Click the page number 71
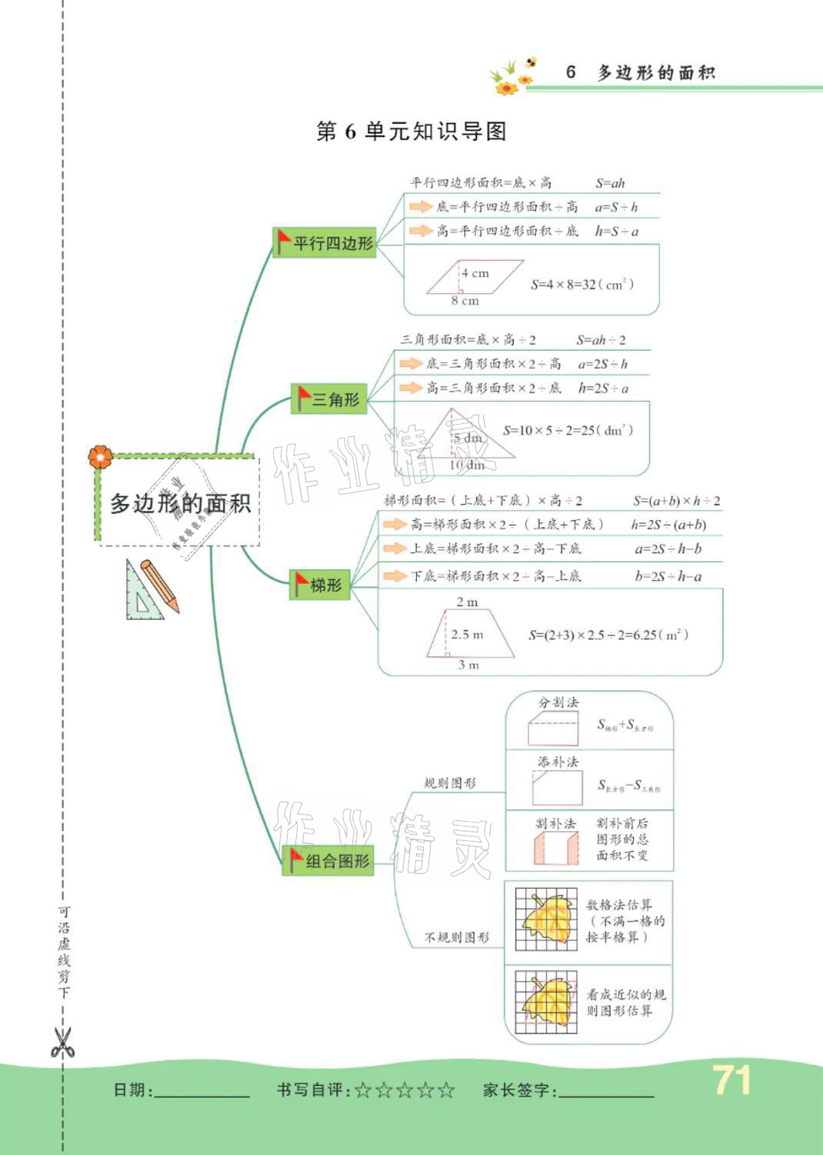pyautogui.click(x=731, y=1080)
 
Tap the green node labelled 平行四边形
pyautogui.click(x=325, y=242)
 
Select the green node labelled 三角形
pyautogui.click(x=328, y=399)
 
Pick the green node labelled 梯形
pyautogui.click(x=320, y=585)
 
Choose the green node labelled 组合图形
pyautogui.click(x=328, y=860)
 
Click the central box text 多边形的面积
pyautogui.click(x=180, y=503)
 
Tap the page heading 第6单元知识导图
pyautogui.click(x=411, y=132)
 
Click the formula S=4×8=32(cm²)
pyautogui.click(x=582, y=284)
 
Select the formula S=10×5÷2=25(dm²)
pyautogui.click(x=568, y=430)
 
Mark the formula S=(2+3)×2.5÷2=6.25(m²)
pyautogui.click(x=608, y=635)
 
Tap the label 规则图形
pyautogui.click(x=450, y=783)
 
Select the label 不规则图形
pyautogui.click(x=457, y=937)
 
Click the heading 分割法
pyautogui.click(x=558, y=703)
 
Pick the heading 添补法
pyautogui.click(x=558, y=762)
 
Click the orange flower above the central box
pyautogui.click(x=100, y=456)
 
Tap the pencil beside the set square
pyautogui.click(x=160, y=586)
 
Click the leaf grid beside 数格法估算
pyautogui.click(x=546, y=919)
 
